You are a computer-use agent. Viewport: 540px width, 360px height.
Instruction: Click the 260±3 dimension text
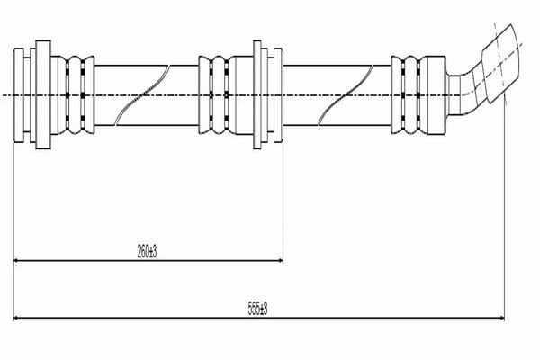(x=147, y=251)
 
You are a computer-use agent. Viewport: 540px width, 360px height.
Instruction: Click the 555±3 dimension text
(x=258, y=309)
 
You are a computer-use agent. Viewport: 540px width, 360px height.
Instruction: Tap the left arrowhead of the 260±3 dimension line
(x=16, y=261)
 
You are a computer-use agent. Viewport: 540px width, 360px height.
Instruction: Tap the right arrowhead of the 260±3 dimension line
(x=280, y=261)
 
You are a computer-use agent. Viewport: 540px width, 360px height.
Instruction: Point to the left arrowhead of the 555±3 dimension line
(x=16, y=318)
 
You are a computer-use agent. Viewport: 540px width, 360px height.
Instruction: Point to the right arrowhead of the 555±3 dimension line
(x=500, y=318)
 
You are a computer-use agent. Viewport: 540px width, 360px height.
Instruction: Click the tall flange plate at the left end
(x=43, y=94)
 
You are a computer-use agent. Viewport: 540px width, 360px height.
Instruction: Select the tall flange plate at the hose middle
(x=257, y=94)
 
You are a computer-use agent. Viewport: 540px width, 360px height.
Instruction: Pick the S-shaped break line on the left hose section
(x=142, y=94)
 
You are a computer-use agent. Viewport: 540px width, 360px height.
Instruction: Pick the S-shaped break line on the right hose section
(x=346, y=94)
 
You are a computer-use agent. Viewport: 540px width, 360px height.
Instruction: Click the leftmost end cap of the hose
(x=19, y=94)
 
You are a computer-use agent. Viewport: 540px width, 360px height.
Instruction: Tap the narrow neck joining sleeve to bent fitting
(x=454, y=94)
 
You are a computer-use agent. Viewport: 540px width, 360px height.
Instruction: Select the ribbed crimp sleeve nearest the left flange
(x=75, y=94)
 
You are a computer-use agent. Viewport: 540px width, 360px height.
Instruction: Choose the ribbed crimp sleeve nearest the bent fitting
(x=407, y=94)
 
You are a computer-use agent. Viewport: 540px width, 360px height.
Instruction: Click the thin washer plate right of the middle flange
(x=278, y=94)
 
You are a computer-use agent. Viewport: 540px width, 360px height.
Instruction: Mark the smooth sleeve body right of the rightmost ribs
(x=435, y=94)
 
